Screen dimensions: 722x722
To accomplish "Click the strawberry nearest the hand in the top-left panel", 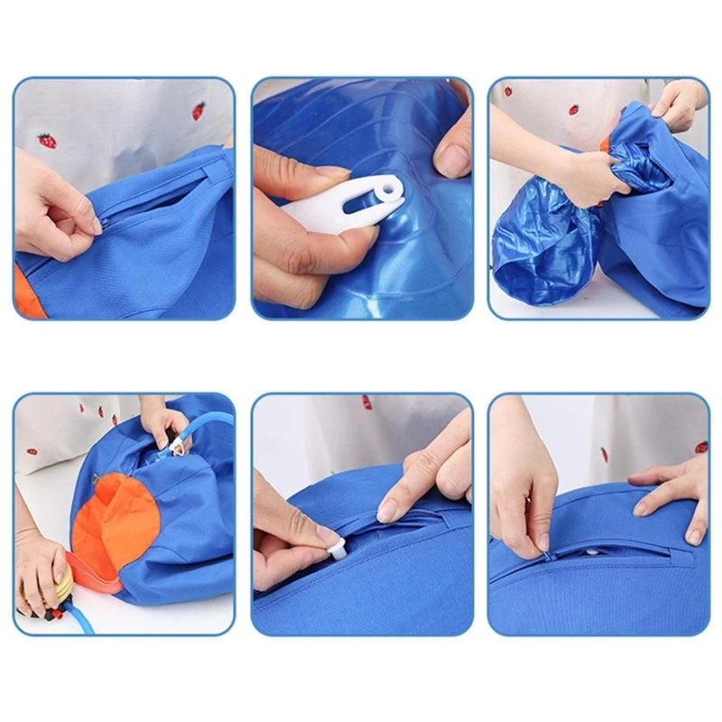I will [46, 141].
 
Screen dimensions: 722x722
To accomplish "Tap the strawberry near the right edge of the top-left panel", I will [198, 111].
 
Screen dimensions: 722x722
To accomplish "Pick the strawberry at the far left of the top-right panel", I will [507, 91].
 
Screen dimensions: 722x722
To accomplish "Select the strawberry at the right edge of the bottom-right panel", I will [700, 447].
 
